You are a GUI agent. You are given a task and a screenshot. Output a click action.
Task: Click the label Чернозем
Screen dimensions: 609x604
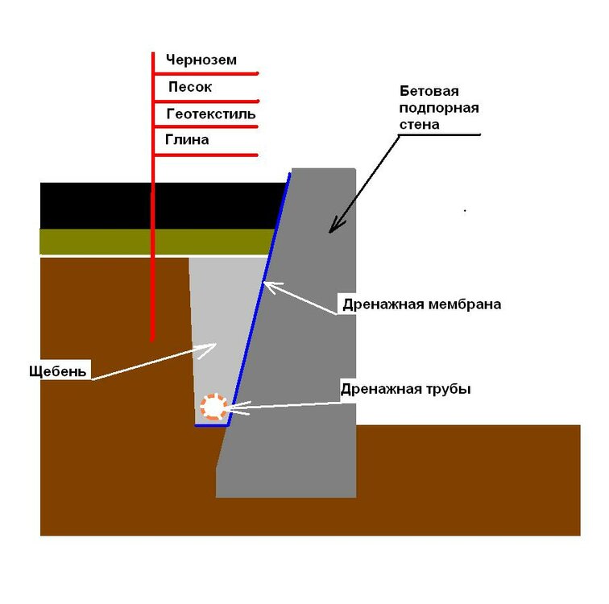pos(201,60)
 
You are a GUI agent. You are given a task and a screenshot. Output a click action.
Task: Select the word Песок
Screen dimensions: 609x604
pos(190,86)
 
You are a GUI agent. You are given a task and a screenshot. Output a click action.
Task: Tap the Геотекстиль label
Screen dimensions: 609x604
pos(211,114)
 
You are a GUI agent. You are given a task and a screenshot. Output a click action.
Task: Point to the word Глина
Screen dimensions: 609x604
pos(187,139)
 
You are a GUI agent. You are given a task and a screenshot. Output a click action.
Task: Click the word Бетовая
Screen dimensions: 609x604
pos(429,91)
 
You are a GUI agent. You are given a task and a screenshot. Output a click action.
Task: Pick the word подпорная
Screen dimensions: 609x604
pos(439,108)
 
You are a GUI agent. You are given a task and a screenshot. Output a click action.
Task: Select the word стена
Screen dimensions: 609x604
pos(419,125)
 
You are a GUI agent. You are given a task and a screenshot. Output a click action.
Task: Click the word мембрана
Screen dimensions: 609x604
pos(465,304)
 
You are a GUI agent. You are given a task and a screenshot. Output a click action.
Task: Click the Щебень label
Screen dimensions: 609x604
pos(58,371)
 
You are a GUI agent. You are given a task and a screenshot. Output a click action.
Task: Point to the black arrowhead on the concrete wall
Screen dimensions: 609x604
pos(335,226)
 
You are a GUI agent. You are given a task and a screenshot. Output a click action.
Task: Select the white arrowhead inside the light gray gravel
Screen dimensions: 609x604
pos(208,349)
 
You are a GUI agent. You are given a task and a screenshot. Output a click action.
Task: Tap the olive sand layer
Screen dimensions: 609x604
pos(155,242)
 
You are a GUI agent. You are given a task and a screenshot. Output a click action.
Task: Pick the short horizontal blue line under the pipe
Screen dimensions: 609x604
pos(211,425)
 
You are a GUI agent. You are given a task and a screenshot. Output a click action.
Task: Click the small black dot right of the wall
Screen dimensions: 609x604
pos(465,211)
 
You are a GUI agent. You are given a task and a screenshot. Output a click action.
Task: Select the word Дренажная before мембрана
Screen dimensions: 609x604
pos(383,304)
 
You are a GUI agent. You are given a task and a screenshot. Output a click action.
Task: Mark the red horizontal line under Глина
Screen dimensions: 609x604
pos(206,155)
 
